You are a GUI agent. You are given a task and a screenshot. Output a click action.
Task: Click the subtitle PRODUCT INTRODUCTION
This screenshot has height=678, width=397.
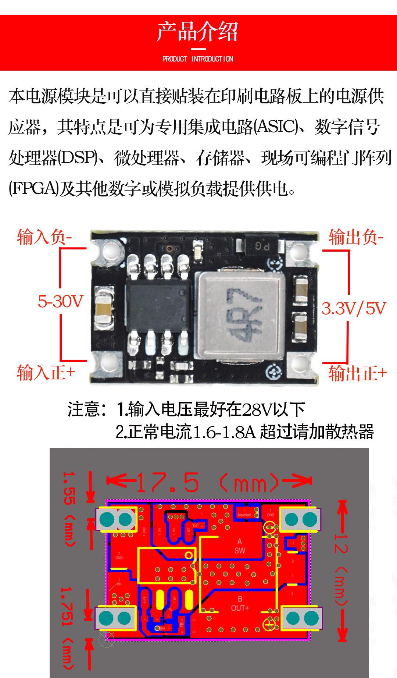198,59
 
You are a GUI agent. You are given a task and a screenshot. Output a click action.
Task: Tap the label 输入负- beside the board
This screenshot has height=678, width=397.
44,237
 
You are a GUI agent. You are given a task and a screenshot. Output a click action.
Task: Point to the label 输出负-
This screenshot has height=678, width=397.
356,237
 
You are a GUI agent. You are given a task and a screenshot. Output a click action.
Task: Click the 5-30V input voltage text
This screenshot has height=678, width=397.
61,302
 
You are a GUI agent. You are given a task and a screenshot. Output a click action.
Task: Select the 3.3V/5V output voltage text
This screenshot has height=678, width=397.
354,308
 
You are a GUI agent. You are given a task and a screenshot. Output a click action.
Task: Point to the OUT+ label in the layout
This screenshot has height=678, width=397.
240,608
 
